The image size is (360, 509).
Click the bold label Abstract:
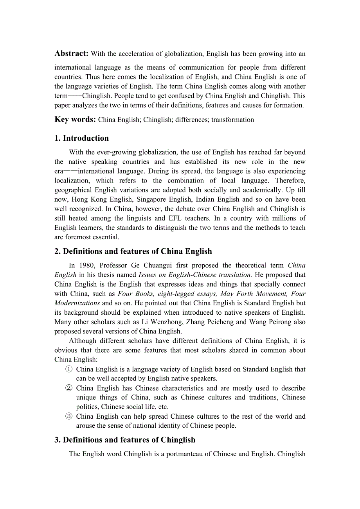pos(72,54)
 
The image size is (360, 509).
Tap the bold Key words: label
pos(75,120)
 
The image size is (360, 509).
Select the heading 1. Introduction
pos(81,138)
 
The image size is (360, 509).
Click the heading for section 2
pos(133,251)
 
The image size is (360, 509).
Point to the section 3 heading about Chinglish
pos(124,440)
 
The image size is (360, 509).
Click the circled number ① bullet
pos(69,369)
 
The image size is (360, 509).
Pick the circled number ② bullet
pos(69,388)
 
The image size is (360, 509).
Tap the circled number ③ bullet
pos(69,416)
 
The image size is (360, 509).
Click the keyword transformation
pos(233,120)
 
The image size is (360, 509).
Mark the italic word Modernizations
pos(77,303)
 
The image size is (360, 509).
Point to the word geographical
pos(74,190)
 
